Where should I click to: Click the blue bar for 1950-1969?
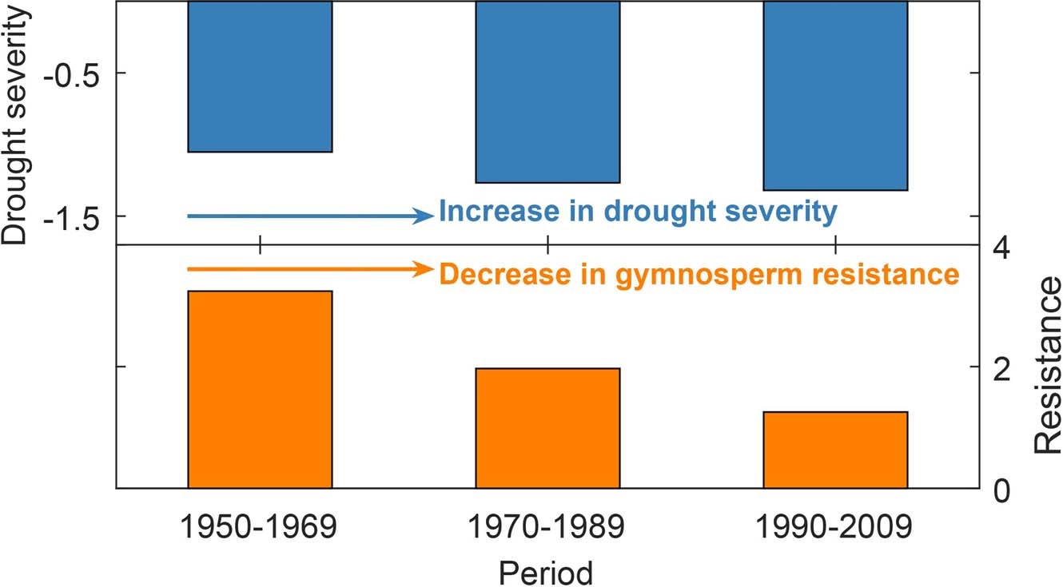pos(260,77)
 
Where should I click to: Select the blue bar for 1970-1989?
pos(547,92)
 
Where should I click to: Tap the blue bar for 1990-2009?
pos(835,96)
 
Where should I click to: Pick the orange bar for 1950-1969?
pos(260,389)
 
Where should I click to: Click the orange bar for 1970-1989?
pos(547,427)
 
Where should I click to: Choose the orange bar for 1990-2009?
pos(835,450)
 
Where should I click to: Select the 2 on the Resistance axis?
pos(999,367)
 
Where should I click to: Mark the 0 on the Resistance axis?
pos(999,489)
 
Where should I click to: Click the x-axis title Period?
pos(547,572)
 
